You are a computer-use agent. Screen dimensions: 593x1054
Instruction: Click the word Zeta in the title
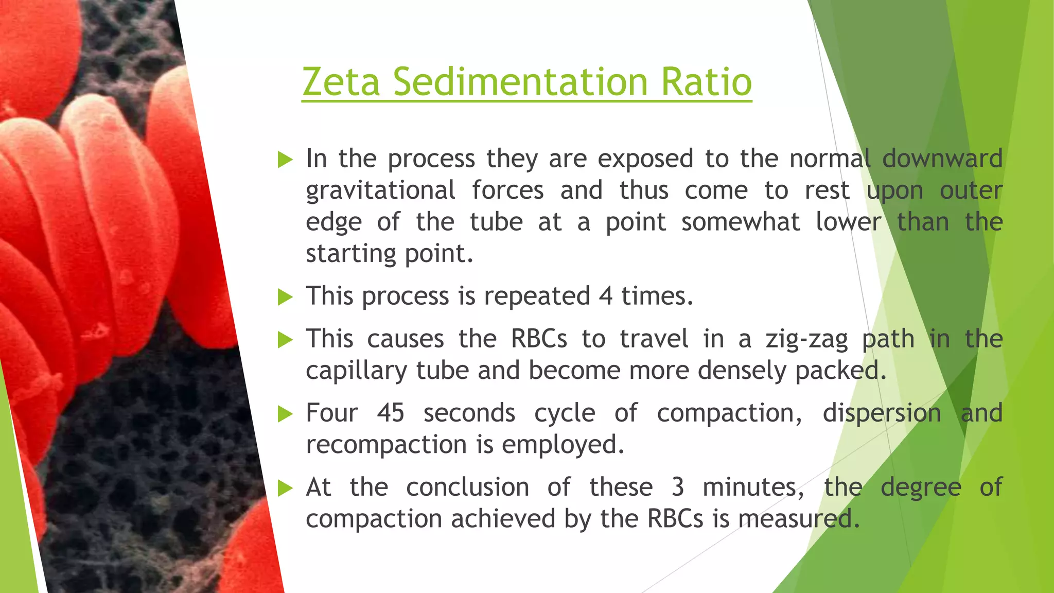pyautogui.click(x=341, y=82)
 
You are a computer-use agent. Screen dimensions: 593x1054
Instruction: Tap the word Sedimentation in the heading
pyautogui.click(x=520, y=82)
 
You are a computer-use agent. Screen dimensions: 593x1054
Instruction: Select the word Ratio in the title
pyautogui.click(x=706, y=82)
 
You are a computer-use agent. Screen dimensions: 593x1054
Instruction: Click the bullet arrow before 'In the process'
pyautogui.click(x=285, y=160)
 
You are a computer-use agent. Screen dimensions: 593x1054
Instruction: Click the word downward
pyautogui.click(x=942, y=159)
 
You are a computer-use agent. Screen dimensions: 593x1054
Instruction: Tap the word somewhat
pyautogui.click(x=741, y=222)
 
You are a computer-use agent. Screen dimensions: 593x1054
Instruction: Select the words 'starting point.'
pyautogui.click(x=389, y=254)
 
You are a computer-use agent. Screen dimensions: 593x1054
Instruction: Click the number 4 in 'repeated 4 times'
pyautogui.click(x=606, y=296)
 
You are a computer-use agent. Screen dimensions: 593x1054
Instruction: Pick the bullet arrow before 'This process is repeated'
pyautogui.click(x=285, y=297)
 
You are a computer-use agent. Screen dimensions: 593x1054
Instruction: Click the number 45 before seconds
pyautogui.click(x=390, y=413)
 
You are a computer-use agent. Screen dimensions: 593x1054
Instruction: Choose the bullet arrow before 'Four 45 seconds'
pyautogui.click(x=285, y=414)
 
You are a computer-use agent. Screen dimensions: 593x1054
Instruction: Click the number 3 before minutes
pyautogui.click(x=678, y=487)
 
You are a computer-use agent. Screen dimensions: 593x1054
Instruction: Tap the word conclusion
pyautogui.click(x=467, y=487)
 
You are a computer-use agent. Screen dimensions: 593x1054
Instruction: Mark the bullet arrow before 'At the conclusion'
pyautogui.click(x=285, y=488)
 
